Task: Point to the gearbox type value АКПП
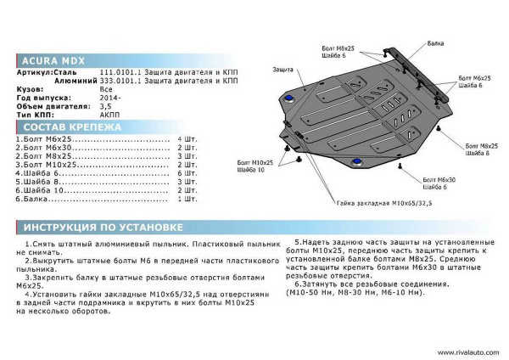(x=109, y=112)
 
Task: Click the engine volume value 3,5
(x=105, y=104)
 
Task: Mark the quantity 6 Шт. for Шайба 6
(x=186, y=173)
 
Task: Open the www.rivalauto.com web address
(x=466, y=351)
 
